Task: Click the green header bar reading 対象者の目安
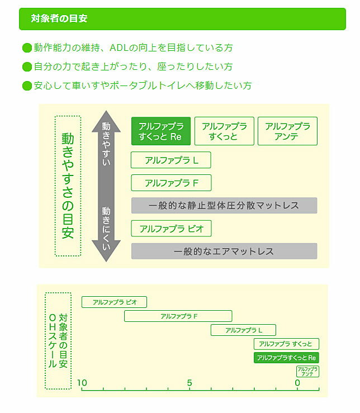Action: (x=182, y=18)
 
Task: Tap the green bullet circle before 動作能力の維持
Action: (x=26, y=48)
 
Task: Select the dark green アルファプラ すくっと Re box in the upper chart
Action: (x=161, y=131)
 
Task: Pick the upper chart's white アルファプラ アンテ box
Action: (x=287, y=131)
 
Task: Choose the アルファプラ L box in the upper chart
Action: (x=171, y=160)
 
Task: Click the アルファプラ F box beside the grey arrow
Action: (x=171, y=183)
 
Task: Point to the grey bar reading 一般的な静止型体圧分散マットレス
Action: (x=224, y=206)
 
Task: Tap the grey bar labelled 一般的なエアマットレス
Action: (x=224, y=251)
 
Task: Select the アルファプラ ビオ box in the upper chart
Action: (x=171, y=228)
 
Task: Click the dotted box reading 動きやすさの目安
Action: (x=68, y=186)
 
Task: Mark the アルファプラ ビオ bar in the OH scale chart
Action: (x=114, y=302)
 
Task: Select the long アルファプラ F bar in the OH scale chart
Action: (x=178, y=316)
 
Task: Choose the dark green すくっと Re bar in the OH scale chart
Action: (x=286, y=358)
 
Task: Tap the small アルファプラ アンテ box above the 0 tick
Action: (x=307, y=372)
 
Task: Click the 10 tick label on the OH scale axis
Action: (x=82, y=383)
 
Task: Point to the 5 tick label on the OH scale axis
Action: (x=190, y=383)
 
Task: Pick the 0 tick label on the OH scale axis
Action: (x=297, y=383)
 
